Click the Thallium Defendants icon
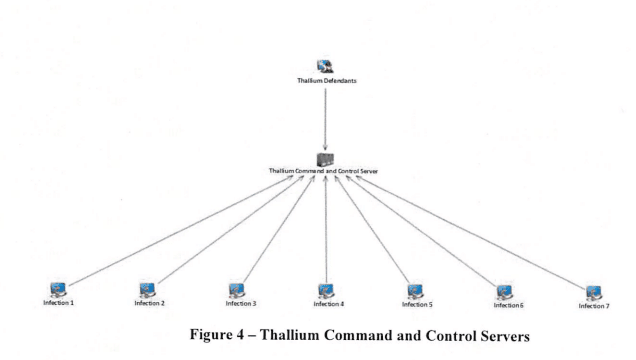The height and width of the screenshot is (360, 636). click(325, 66)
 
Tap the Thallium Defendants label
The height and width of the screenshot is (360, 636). click(327, 81)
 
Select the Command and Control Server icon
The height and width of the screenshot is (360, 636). click(325, 160)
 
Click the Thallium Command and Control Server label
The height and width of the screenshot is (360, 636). click(323, 171)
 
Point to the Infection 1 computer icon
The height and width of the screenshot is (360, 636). click(58, 290)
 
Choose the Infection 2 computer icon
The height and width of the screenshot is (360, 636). click(148, 290)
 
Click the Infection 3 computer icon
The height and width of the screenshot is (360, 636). click(237, 291)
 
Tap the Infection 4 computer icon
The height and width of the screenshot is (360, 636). click(326, 291)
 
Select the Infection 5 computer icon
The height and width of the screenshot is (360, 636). click(415, 291)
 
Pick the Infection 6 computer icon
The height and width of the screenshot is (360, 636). click(505, 292)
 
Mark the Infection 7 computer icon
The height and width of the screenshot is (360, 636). click(594, 293)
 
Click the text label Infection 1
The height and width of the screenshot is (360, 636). click(58, 302)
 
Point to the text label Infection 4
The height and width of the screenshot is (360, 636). click(329, 304)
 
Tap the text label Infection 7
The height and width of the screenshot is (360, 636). click(594, 306)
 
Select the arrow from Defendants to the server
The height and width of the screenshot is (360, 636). click(325, 120)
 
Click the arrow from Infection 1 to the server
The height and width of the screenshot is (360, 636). click(181, 231)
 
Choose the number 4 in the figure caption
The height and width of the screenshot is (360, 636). click(241, 335)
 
